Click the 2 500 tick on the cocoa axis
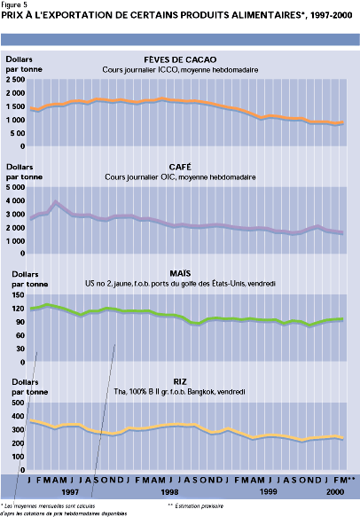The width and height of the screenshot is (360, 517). point(16,80)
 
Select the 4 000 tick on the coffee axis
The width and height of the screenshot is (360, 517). point(16,188)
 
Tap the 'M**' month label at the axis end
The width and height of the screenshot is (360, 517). point(348,479)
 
